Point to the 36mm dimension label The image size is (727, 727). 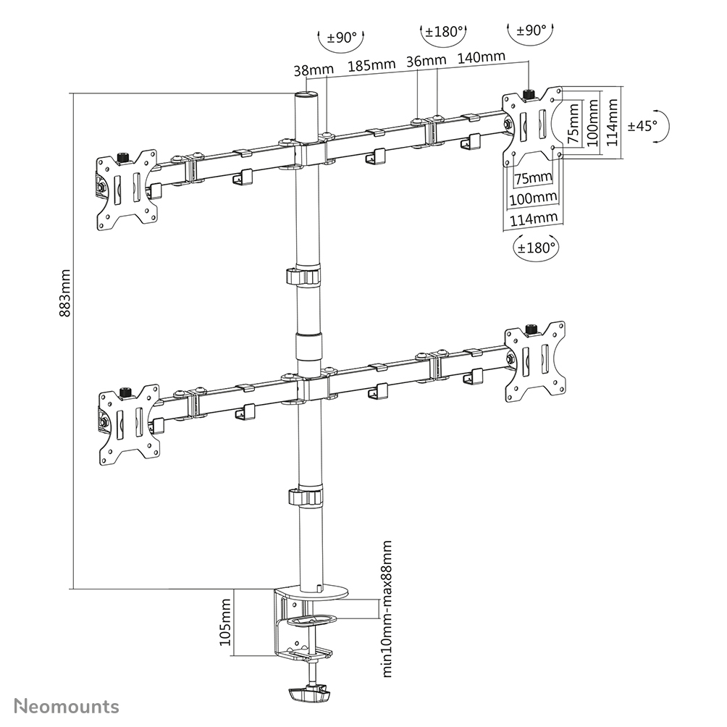click(x=426, y=61)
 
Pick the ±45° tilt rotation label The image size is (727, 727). click(x=642, y=125)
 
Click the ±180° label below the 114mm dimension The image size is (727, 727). click(x=537, y=246)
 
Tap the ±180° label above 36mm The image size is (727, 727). click(x=444, y=32)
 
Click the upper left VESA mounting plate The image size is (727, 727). click(x=127, y=190)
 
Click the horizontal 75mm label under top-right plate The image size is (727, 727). click(x=531, y=178)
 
